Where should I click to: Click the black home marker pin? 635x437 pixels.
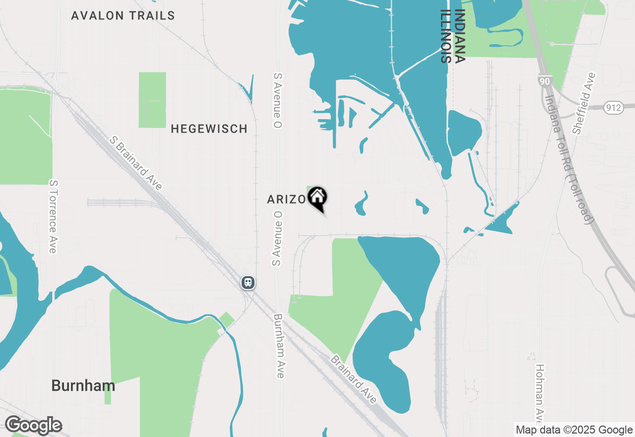tap(317, 199)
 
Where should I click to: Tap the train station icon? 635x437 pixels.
tap(248, 283)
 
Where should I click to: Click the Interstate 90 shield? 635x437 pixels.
tap(545, 81)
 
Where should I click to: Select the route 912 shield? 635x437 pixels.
tap(614, 107)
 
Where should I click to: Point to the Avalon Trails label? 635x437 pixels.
tap(123, 16)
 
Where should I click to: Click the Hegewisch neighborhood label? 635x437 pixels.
tap(209, 129)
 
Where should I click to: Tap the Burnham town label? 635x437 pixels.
tap(83, 386)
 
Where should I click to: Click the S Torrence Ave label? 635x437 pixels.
tap(53, 217)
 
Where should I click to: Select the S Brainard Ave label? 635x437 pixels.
tap(136, 163)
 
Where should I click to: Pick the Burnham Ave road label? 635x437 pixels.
tap(279, 346)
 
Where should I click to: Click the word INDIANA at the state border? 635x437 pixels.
tap(460, 36)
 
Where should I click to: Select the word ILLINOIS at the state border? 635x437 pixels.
tap(446, 36)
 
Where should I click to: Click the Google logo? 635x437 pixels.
tap(33, 426)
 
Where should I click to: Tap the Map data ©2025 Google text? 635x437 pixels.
tap(573, 430)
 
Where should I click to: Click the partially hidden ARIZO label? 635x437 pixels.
tap(287, 200)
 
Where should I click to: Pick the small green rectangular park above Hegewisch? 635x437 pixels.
tap(152, 100)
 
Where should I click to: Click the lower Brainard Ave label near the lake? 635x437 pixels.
tap(354, 379)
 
